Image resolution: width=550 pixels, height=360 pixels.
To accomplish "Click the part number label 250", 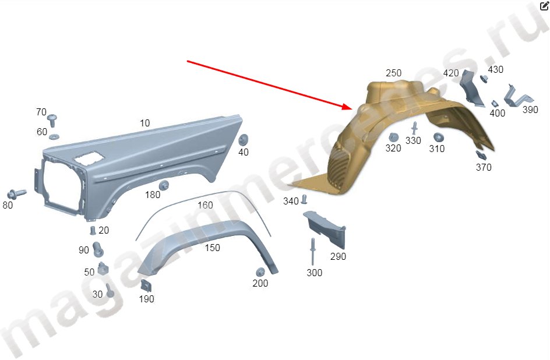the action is [393, 73].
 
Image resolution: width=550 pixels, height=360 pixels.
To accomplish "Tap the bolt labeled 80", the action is [16, 193].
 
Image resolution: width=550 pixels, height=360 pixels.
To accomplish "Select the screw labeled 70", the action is [52, 120].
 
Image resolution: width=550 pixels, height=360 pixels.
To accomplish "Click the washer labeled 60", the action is [54, 136].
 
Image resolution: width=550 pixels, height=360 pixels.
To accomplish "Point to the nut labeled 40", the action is [243, 139].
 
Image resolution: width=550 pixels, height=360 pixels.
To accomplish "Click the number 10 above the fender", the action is [145, 123].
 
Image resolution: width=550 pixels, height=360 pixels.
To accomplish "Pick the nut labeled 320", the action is [393, 137].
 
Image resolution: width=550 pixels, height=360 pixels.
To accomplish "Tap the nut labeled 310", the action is [439, 137].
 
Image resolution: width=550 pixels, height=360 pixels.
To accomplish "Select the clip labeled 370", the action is [481, 156].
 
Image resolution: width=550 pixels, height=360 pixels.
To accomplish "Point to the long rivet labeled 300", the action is [312, 252].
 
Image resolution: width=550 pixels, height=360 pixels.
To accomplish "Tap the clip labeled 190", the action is [146, 285].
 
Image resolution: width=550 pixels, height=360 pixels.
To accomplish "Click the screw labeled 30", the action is [110, 291].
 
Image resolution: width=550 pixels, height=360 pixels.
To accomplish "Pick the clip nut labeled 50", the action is [103, 269].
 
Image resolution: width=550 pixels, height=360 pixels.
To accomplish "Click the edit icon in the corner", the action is [544, 6].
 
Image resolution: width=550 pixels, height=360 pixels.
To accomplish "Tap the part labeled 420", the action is [471, 88].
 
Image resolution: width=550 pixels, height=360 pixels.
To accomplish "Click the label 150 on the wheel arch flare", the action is [212, 248].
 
